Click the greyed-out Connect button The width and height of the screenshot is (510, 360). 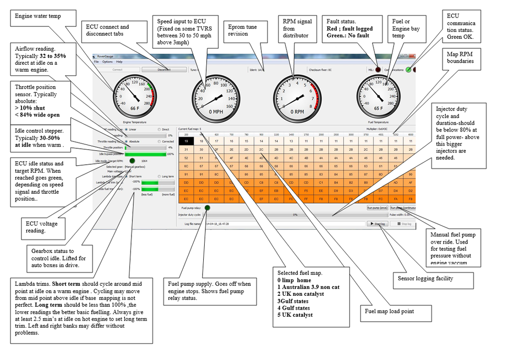118,70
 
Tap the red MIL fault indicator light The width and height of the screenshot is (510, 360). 378,70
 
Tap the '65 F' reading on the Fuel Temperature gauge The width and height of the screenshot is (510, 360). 379,108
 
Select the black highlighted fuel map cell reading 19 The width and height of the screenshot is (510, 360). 186,141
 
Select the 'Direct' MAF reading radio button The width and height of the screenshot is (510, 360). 159,129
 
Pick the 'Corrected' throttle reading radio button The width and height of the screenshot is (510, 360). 159,141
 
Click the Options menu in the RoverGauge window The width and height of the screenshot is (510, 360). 107,62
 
